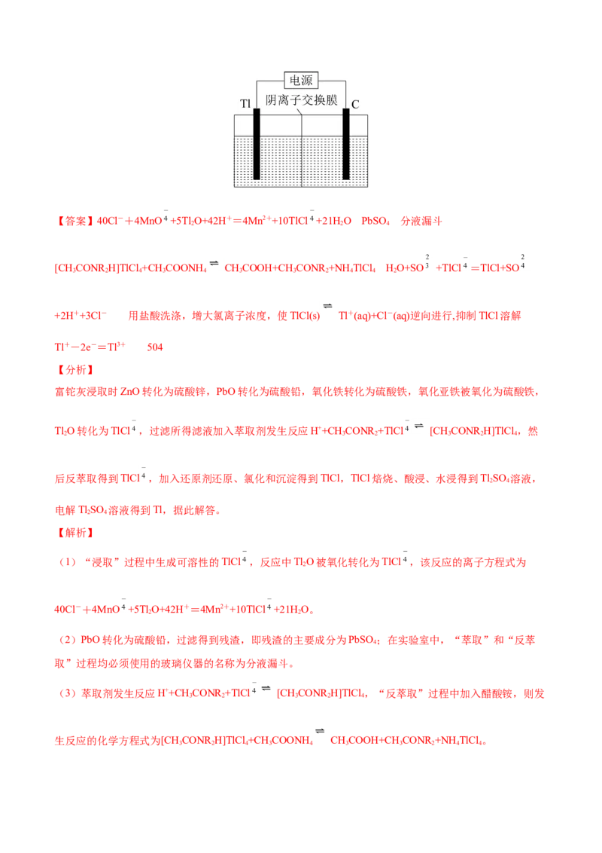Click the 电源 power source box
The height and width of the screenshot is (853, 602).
[x=301, y=81]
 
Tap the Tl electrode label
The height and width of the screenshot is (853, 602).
[x=245, y=103]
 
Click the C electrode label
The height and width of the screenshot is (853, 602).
[x=355, y=105]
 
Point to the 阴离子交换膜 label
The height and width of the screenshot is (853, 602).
[x=302, y=99]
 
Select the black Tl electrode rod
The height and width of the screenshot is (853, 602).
[x=257, y=144]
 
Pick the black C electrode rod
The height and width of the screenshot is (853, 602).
[x=345, y=144]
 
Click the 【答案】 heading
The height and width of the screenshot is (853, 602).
[x=75, y=221]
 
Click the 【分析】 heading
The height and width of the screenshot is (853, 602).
[x=75, y=370]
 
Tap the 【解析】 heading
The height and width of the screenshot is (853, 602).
[x=75, y=533]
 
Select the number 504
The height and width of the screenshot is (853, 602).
[x=155, y=347]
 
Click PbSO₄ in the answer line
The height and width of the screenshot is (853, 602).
[x=375, y=221]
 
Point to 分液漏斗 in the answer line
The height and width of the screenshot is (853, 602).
[x=421, y=221]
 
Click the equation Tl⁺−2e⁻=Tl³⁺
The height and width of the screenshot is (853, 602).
[x=90, y=347]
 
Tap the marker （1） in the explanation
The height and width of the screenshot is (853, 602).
[x=68, y=562]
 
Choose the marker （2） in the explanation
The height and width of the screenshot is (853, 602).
[x=68, y=640]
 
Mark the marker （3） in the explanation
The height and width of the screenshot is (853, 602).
[x=68, y=693]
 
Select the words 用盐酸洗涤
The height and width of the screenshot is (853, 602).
[x=154, y=316]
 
